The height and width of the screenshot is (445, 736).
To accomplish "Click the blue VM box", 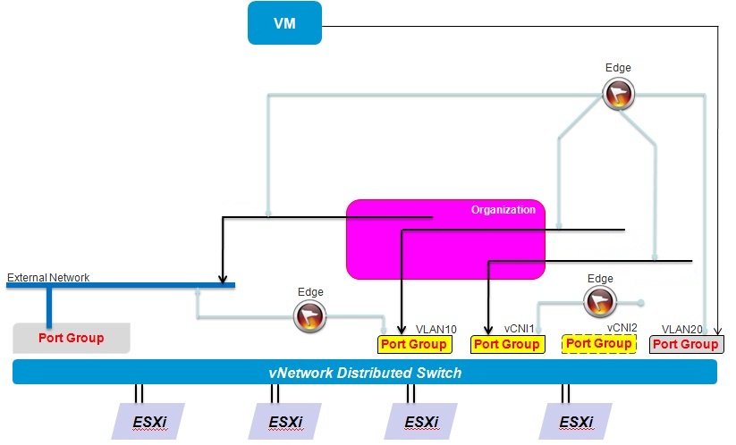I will pyautogui.click(x=284, y=22).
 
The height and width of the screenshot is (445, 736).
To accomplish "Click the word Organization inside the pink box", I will pyautogui.click(x=503, y=210).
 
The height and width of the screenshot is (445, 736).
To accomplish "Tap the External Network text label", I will pyautogui.click(x=48, y=278).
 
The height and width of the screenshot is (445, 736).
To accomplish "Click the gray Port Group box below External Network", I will pyautogui.click(x=71, y=338).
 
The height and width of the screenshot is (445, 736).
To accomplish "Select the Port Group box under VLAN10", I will pyautogui.click(x=413, y=344).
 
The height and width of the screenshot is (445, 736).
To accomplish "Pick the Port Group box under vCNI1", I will pyautogui.click(x=506, y=344).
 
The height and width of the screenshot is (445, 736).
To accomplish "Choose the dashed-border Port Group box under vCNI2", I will pyautogui.click(x=598, y=344).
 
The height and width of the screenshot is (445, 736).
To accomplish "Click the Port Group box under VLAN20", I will pyautogui.click(x=686, y=344).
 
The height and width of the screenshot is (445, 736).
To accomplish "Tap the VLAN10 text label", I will pyautogui.click(x=436, y=329).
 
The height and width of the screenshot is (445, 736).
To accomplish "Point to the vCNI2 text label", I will pyautogui.click(x=622, y=327).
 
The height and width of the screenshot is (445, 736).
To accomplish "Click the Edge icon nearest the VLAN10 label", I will pyautogui.click(x=310, y=314).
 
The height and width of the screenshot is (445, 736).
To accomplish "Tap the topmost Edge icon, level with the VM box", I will pyautogui.click(x=617, y=94).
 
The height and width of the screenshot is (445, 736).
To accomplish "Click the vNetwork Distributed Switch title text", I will pyautogui.click(x=365, y=372).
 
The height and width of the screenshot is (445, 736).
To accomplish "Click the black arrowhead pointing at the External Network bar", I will pyautogui.click(x=222, y=278).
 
